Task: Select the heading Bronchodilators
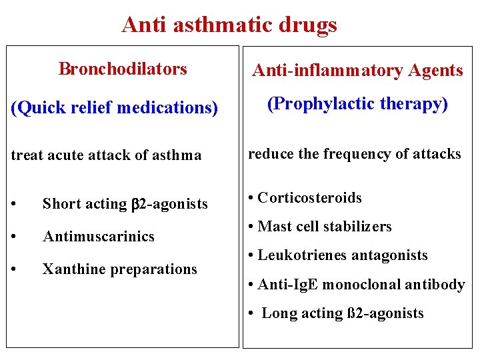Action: (x=123, y=69)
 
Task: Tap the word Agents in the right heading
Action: (x=436, y=71)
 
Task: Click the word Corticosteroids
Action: (x=309, y=197)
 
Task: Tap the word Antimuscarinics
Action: (x=98, y=236)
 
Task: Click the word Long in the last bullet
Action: (x=279, y=313)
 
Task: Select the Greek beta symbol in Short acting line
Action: (x=133, y=205)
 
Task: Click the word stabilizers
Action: (x=360, y=227)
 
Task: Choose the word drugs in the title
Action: (x=309, y=25)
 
